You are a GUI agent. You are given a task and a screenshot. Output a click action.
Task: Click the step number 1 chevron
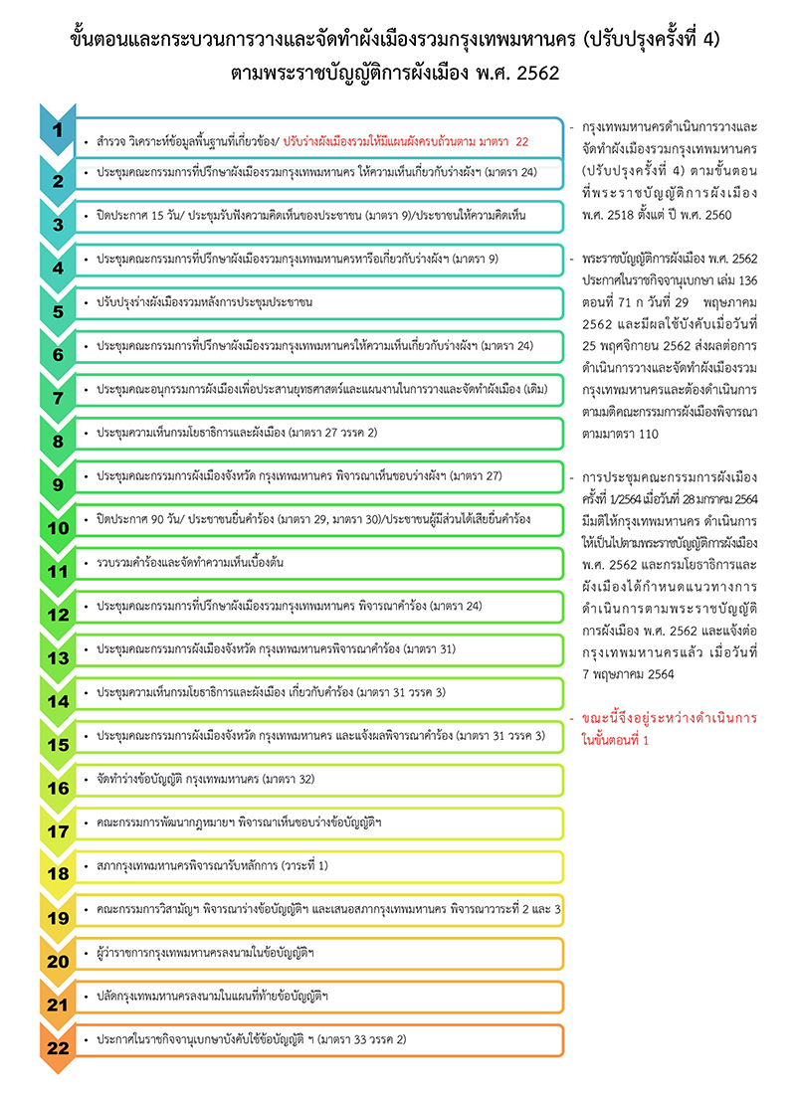58,130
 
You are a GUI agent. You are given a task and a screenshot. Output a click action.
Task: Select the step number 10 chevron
58,526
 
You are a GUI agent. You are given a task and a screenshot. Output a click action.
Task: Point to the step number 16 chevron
58,788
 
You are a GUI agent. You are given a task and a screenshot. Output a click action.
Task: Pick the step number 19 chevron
58,918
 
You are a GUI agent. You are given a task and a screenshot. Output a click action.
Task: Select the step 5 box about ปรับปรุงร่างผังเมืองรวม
318,302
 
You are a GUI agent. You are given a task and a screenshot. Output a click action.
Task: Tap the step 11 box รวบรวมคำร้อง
318,563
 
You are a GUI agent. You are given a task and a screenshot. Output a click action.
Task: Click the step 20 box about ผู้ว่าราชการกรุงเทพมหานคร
318,953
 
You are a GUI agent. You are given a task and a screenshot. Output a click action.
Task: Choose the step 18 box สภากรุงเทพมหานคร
318,866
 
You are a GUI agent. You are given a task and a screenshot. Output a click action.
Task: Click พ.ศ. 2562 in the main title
519,73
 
